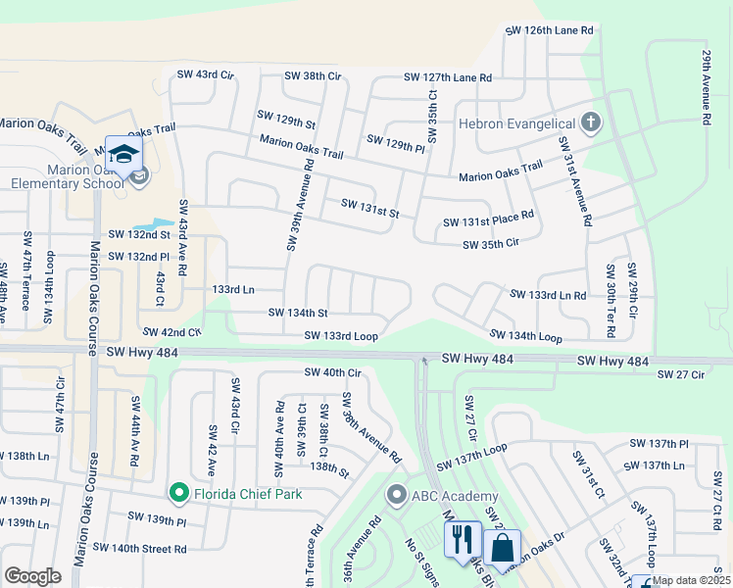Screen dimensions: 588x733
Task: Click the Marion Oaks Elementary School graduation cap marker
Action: (123, 155)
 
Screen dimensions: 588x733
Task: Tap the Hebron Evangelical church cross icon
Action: (589, 123)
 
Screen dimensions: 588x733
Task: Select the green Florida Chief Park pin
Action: (178, 492)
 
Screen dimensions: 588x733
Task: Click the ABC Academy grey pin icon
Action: (397, 495)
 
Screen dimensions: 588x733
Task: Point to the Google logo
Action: (32, 576)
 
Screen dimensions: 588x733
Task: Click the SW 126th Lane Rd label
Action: (550, 31)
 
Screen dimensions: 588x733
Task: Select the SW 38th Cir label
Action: (312, 75)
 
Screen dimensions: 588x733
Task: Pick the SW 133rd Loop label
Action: (341, 336)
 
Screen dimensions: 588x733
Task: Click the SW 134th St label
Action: (298, 314)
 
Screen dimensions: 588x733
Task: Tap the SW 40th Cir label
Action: (333, 372)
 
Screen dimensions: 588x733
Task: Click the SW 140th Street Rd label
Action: (139, 548)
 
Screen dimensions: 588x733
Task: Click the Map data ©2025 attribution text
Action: (692, 581)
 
